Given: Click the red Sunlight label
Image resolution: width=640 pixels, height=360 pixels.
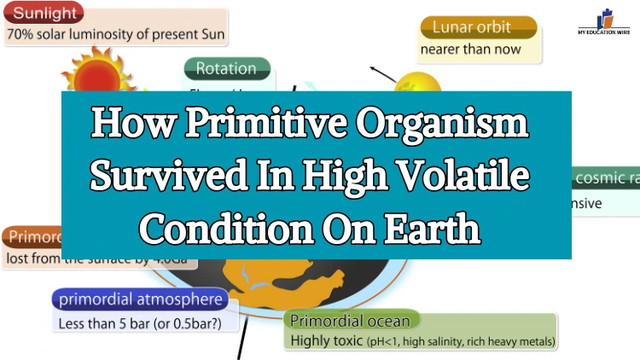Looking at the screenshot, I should [x=44, y=14].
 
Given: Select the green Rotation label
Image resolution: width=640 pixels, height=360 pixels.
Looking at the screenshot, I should [x=226, y=68].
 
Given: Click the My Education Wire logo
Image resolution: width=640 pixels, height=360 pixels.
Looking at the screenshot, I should [x=608, y=21].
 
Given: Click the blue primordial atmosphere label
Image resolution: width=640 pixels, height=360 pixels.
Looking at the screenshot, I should [x=140, y=299].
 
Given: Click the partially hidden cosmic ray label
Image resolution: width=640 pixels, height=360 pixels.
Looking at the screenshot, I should [x=606, y=178].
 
